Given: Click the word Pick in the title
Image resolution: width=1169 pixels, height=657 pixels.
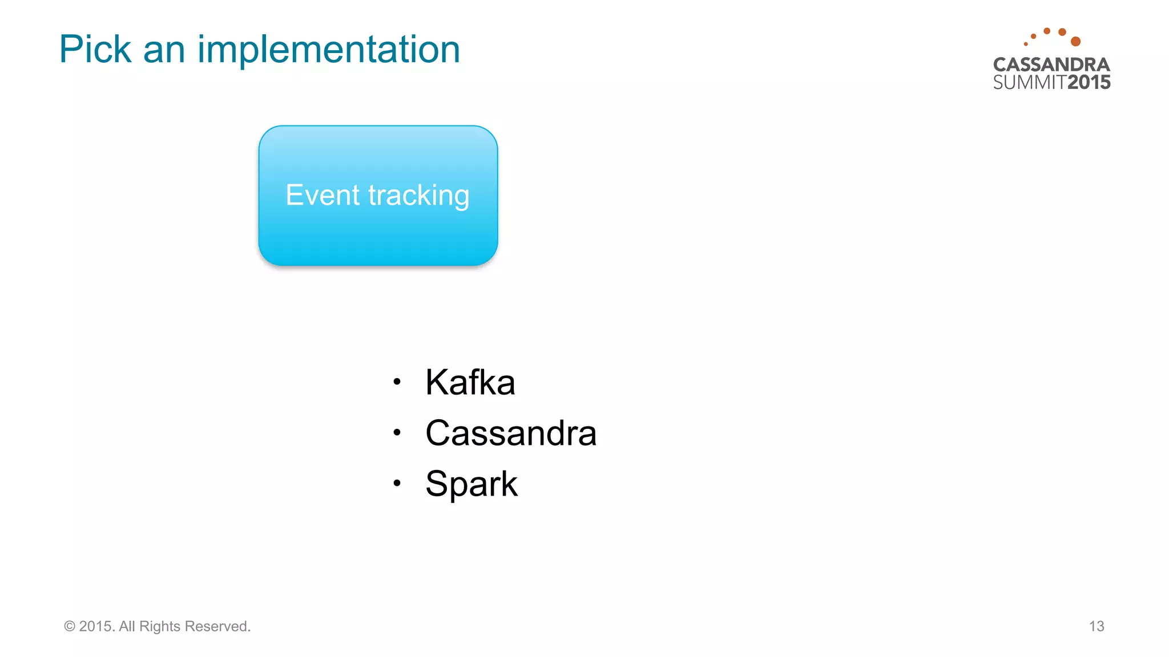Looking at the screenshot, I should coord(95,50).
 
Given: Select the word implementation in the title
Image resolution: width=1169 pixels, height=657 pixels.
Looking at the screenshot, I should coord(328,50).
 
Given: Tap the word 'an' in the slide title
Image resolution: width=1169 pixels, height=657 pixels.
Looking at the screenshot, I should coord(164,51).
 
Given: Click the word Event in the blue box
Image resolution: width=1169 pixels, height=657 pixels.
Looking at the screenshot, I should coord(323,196).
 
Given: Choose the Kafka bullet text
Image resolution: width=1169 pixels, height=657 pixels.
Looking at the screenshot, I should coord(470,382).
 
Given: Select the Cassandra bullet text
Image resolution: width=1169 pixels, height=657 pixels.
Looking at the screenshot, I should coord(511,433).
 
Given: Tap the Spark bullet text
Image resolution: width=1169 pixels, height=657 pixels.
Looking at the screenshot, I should coord(471,484).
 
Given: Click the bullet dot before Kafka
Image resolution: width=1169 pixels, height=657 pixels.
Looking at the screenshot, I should coord(397,382).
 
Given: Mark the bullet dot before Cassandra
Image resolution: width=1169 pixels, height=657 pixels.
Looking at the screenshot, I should coord(397,432).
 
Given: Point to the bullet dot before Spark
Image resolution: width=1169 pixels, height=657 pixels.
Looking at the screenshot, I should coord(397,484).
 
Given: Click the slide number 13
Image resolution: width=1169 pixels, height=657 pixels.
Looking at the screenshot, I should coord(1097,626).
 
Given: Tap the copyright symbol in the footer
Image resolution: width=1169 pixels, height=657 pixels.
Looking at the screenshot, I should coord(70,626).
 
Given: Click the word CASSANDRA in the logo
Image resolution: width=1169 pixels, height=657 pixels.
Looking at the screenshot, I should coord(1051,64).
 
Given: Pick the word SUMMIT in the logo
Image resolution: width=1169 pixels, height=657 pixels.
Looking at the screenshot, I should coord(1030,83).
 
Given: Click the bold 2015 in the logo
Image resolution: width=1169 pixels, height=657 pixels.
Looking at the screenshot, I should coord(1089,83).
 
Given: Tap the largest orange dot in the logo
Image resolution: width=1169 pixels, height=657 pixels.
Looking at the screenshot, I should coord(1076,41).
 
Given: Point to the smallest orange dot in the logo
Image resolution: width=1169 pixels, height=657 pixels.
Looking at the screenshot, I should coord(1026,44).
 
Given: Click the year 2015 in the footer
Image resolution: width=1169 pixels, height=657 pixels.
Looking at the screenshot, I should coord(96,626).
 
